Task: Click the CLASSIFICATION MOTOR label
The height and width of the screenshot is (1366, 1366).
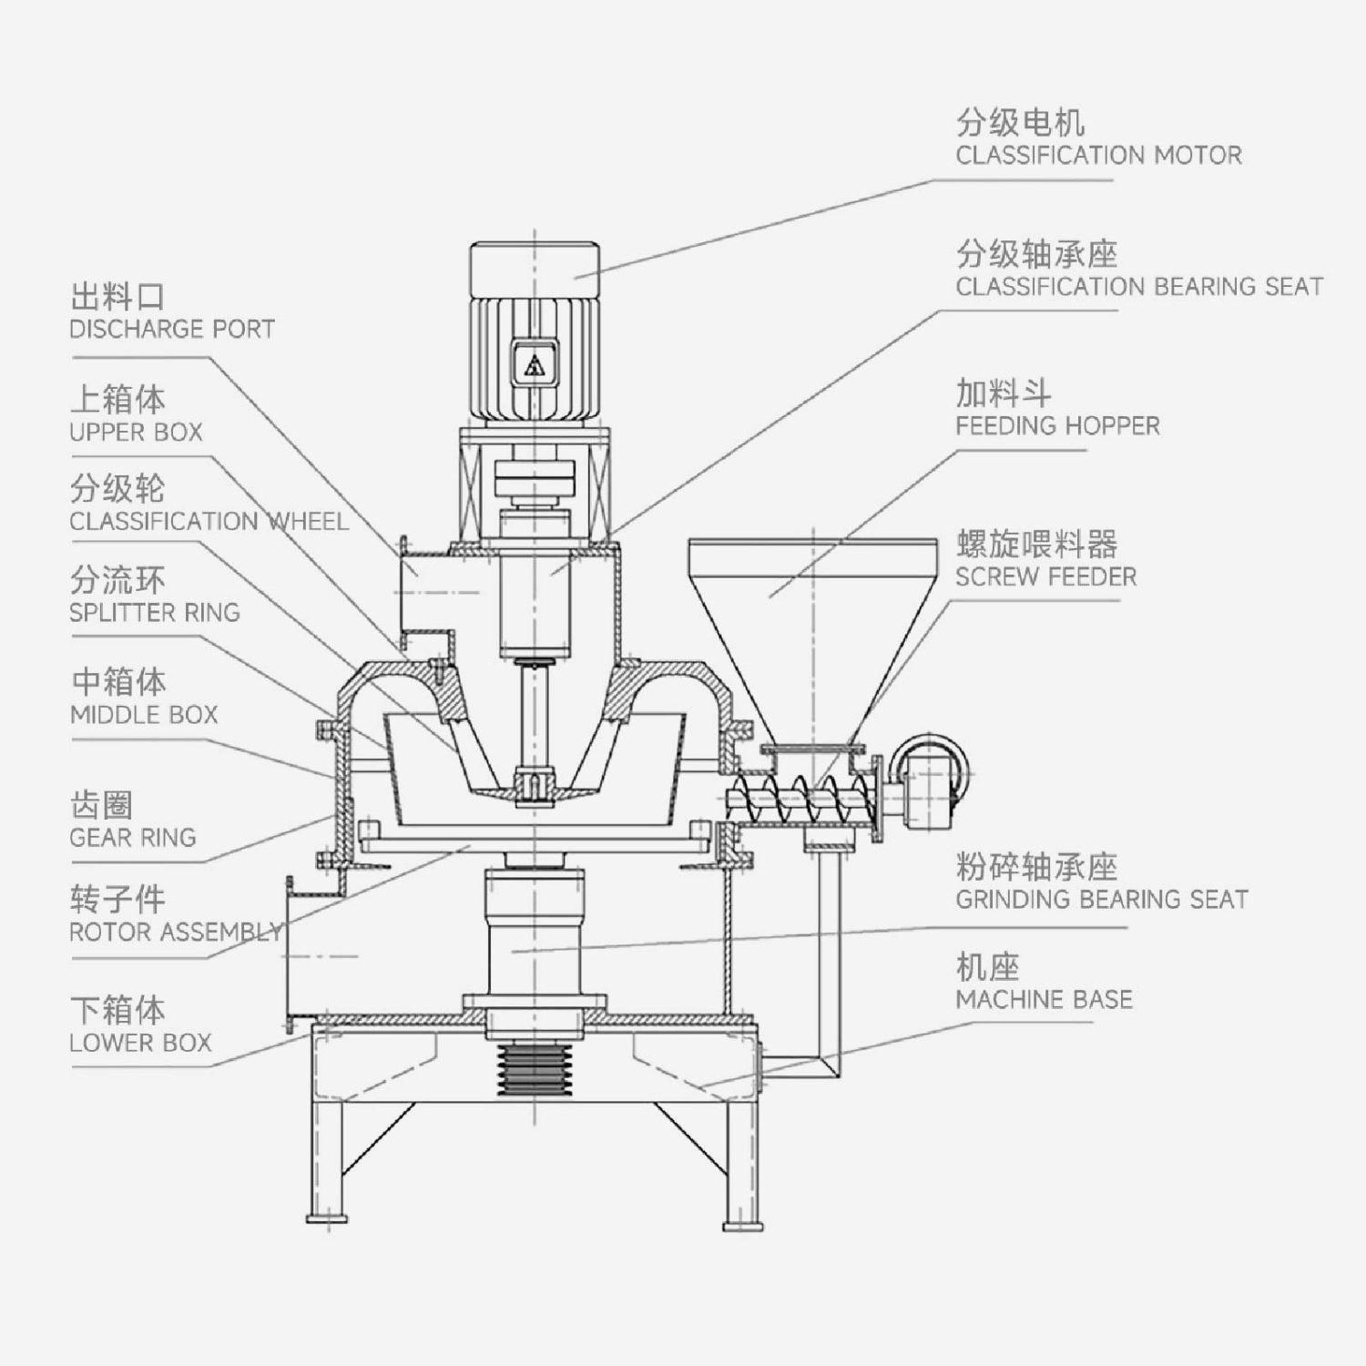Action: [1097, 155]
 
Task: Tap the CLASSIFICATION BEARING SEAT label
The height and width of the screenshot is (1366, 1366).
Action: [1138, 287]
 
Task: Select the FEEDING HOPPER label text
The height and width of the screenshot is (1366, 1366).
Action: [1057, 425]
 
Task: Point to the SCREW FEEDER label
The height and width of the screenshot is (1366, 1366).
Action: [1045, 576]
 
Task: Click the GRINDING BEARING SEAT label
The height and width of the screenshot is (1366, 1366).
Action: [1101, 900]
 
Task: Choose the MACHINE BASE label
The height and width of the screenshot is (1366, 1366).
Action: [1044, 999]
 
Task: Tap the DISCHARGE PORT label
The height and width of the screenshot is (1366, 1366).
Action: [172, 329]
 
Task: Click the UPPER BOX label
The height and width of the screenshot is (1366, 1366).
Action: [136, 432]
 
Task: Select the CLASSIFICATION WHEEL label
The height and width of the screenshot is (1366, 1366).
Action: [209, 521]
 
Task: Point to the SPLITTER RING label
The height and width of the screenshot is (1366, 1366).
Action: [155, 612]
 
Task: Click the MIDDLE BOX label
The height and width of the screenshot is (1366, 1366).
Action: [144, 715]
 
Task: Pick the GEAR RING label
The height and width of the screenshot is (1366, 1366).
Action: [133, 837]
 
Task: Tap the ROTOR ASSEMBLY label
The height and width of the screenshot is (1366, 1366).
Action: [176, 932]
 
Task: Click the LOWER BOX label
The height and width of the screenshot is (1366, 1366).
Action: [140, 1043]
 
